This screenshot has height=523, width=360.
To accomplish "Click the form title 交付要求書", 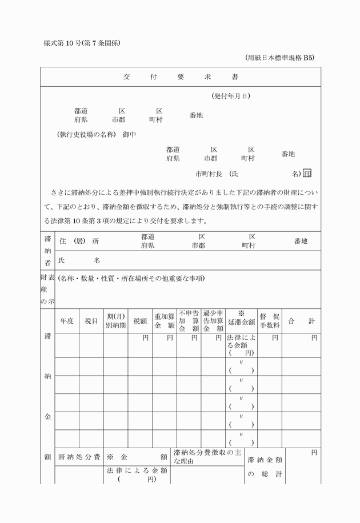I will point(181,77).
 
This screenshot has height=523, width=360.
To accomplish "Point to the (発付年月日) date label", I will point(230,96).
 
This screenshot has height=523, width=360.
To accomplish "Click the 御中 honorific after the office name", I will point(129,135).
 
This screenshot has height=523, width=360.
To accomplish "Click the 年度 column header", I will point(67,321).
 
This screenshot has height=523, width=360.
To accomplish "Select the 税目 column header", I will point(91,321).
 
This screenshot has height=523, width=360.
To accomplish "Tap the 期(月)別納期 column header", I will point(115,321).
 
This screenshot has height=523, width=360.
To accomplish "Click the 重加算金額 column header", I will point(164,321).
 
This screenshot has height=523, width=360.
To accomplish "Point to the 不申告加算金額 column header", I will point(189,321).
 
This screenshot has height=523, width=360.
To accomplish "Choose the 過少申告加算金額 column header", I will point(213,321).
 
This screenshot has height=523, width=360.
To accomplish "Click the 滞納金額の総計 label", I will point(265,466).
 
